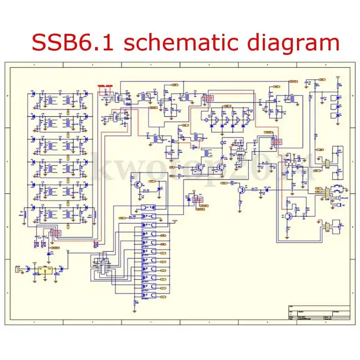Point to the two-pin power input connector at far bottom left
pyautogui.click(x=18, y=270)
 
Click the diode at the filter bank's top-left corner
pyautogui.click(x=33, y=94)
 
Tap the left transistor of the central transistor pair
pyautogui.click(x=198, y=168)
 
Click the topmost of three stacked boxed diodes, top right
pyautogui.click(x=338, y=98)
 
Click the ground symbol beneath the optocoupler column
pyautogui.click(x=135, y=309)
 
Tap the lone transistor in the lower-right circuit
pyautogui.click(x=288, y=216)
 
